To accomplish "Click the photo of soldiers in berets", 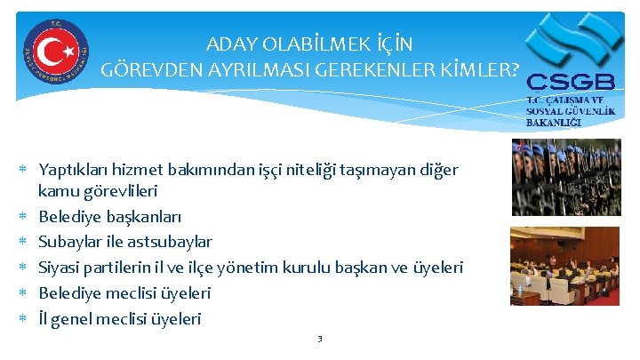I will pos(565,177).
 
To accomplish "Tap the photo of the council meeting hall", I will pos(565,266).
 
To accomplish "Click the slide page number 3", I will pos(320,339).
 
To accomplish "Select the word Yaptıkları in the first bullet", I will pos(75,169).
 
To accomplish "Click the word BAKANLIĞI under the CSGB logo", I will pos(555,122).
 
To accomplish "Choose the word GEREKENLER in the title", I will pos(354,69).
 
